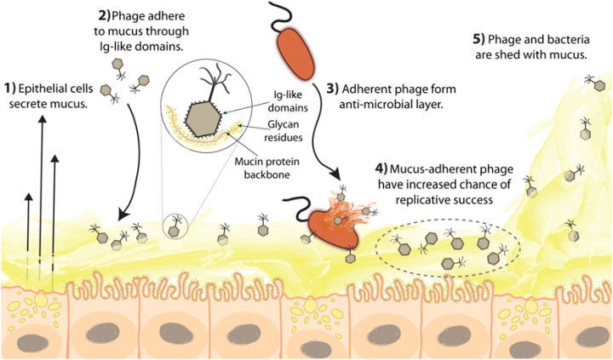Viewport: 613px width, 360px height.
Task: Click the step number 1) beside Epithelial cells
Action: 11,88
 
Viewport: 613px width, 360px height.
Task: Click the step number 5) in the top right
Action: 479,40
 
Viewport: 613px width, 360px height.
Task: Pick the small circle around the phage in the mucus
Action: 176,226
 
